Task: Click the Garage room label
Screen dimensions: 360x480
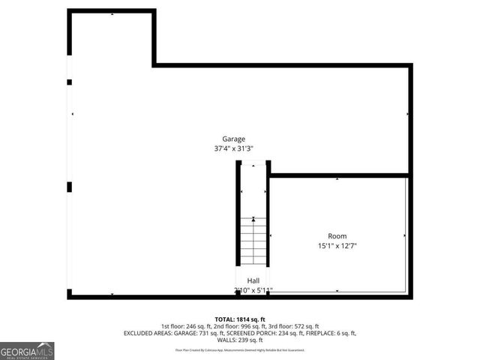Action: point(233,139)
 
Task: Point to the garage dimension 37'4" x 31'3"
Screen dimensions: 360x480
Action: point(233,148)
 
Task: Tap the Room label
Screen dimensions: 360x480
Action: point(337,236)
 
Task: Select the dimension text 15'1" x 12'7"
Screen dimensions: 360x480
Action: point(337,246)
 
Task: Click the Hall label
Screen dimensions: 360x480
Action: point(253,280)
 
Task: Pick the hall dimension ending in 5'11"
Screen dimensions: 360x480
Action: point(253,289)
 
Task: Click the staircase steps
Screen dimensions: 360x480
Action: point(253,241)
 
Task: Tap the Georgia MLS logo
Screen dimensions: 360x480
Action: point(27,351)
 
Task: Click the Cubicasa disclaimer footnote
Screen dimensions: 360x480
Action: point(240,349)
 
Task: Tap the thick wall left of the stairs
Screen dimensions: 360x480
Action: point(239,213)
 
